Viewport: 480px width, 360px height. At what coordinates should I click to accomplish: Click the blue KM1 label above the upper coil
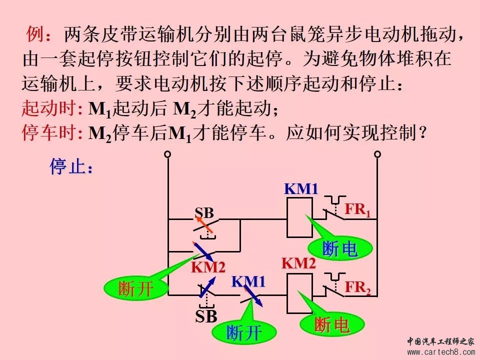point(301,189)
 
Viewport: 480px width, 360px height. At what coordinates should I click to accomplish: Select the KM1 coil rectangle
point(299,218)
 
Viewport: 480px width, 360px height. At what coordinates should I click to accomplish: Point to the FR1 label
point(358,210)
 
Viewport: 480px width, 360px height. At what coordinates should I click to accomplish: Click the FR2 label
point(358,287)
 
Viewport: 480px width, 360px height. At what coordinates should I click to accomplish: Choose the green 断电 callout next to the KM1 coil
point(339,249)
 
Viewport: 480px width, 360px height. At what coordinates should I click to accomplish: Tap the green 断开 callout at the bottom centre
point(244,332)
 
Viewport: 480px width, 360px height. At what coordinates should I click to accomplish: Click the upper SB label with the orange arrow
point(204,212)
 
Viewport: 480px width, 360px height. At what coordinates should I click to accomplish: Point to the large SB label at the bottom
point(206,316)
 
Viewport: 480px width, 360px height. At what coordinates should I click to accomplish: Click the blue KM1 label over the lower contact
point(248,281)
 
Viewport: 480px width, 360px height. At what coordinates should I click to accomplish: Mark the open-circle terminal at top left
point(168,154)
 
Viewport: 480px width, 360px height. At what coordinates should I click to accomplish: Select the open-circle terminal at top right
point(377,154)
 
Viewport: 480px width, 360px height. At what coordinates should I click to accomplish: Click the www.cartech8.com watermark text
point(440,352)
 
